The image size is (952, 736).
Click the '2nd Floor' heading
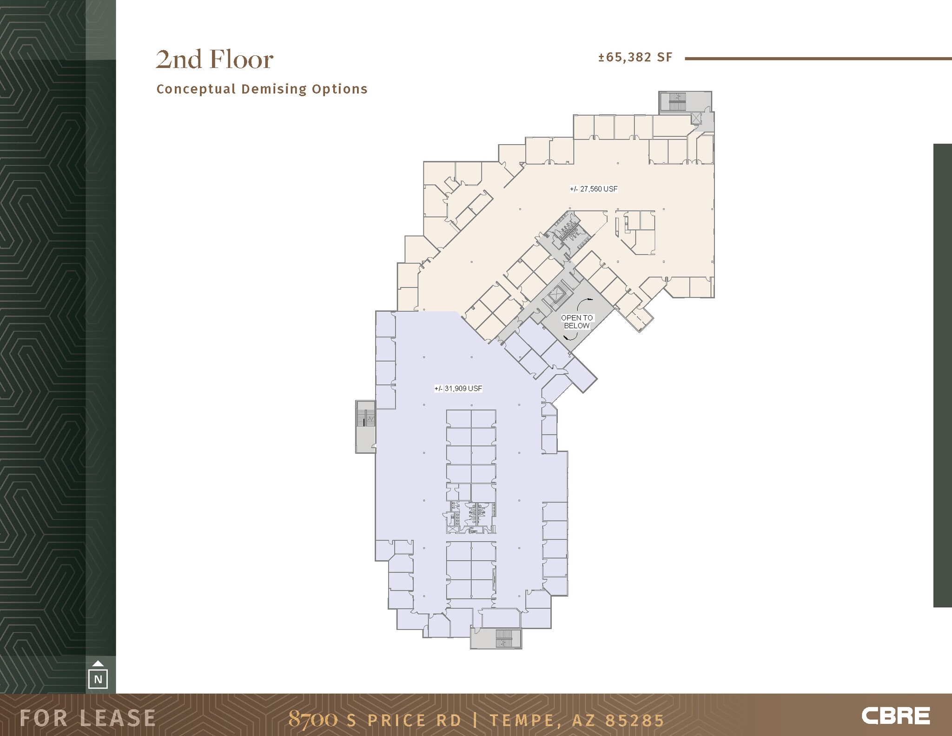tap(214, 60)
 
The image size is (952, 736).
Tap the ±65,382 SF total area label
tap(635, 57)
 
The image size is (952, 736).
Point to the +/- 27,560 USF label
tap(594, 189)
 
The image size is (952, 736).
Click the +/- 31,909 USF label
tap(458, 388)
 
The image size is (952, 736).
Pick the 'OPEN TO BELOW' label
tap(577, 322)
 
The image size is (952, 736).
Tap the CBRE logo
tap(895, 716)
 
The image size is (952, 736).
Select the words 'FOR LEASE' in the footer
tap(87, 718)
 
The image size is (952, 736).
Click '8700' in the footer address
tap(312, 719)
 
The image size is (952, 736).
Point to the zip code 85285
tap(634, 720)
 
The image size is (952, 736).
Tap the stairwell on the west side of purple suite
tap(365, 426)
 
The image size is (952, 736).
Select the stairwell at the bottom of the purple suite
tap(496, 638)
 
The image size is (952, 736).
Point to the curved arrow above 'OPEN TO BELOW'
tap(584, 303)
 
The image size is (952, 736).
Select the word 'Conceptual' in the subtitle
tap(196, 89)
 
